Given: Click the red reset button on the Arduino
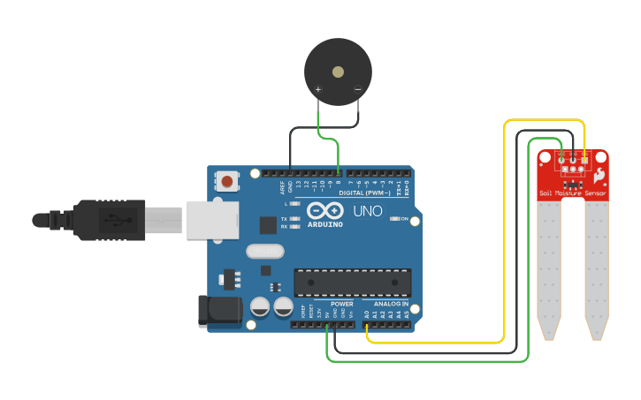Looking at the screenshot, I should tap(227, 182).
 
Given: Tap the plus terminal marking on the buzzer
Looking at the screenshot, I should tap(318, 89).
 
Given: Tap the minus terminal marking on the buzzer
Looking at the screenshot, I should tap(357, 89).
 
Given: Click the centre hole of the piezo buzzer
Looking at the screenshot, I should tap(338, 72).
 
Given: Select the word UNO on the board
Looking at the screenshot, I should tap(368, 211).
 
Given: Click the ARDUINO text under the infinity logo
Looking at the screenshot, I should tap(324, 224).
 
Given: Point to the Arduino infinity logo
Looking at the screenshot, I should tap(324, 211).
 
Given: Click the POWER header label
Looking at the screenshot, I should tap(341, 304).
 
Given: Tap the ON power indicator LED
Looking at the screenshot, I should tap(394, 218).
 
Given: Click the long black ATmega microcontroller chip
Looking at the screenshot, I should tap(352, 283).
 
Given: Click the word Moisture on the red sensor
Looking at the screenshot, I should tap(569, 193).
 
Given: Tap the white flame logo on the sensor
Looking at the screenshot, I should tap(599, 175).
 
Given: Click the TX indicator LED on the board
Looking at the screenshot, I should tap(295, 218).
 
